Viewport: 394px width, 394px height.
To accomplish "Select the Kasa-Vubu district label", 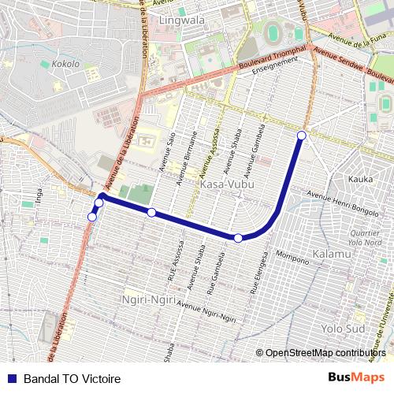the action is (225, 184).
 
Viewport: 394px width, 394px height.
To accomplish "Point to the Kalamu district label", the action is (332, 255).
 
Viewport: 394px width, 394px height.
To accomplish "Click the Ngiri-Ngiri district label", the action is (147, 299).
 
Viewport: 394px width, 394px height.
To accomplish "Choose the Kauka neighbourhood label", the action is (361, 180).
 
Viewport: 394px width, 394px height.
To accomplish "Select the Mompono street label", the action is (292, 257).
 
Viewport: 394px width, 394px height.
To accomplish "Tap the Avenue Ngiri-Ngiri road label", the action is (207, 311).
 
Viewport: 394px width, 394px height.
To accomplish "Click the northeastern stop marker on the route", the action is (301, 136).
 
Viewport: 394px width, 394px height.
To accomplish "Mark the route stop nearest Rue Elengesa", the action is (238, 237).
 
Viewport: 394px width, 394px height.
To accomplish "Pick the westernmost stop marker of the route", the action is (92, 217).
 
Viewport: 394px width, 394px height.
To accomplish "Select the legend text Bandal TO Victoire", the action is (72, 379).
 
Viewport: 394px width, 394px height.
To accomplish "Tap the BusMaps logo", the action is (357, 378).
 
